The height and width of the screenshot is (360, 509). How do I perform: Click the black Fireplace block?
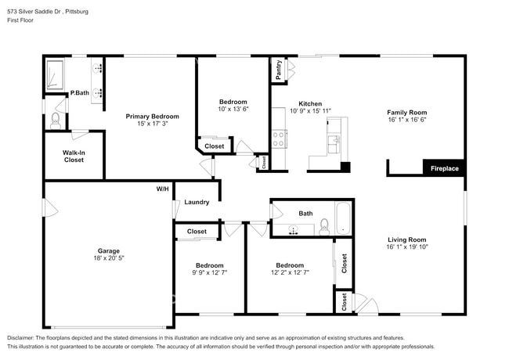tap(445, 168)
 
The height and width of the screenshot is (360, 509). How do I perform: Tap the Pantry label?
tap(279, 70)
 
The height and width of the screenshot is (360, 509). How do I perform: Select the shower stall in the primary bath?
tap(55, 74)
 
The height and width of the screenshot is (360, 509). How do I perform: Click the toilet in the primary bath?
tap(56, 121)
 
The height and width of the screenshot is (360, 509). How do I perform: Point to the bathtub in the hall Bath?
tap(343, 218)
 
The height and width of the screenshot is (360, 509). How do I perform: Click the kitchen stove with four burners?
tap(280, 139)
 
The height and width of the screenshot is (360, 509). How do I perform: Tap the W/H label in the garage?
tap(162, 189)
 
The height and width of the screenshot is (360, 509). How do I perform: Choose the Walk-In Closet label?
tap(74, 156)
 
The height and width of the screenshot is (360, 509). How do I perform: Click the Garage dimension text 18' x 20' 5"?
tap(109, 258)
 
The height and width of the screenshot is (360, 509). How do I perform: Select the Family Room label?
tap(406, 112)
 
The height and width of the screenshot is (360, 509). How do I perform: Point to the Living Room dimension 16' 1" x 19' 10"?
tap(407, 247)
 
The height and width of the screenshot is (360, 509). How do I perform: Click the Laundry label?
tap(197, 202)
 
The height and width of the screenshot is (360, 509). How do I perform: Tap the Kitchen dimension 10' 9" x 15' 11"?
tap(310, 111)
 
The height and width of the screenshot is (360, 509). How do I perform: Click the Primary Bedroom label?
tap(152, 117)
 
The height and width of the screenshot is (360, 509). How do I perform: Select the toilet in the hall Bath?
tap(324, 227)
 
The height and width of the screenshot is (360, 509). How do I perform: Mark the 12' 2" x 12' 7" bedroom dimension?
tap(290, 272)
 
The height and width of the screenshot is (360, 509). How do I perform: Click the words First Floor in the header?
tap(20, 20)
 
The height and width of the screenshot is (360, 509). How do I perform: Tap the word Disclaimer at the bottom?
tap(20, 338)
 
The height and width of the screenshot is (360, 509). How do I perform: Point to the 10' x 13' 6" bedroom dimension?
tap(233, 109)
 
